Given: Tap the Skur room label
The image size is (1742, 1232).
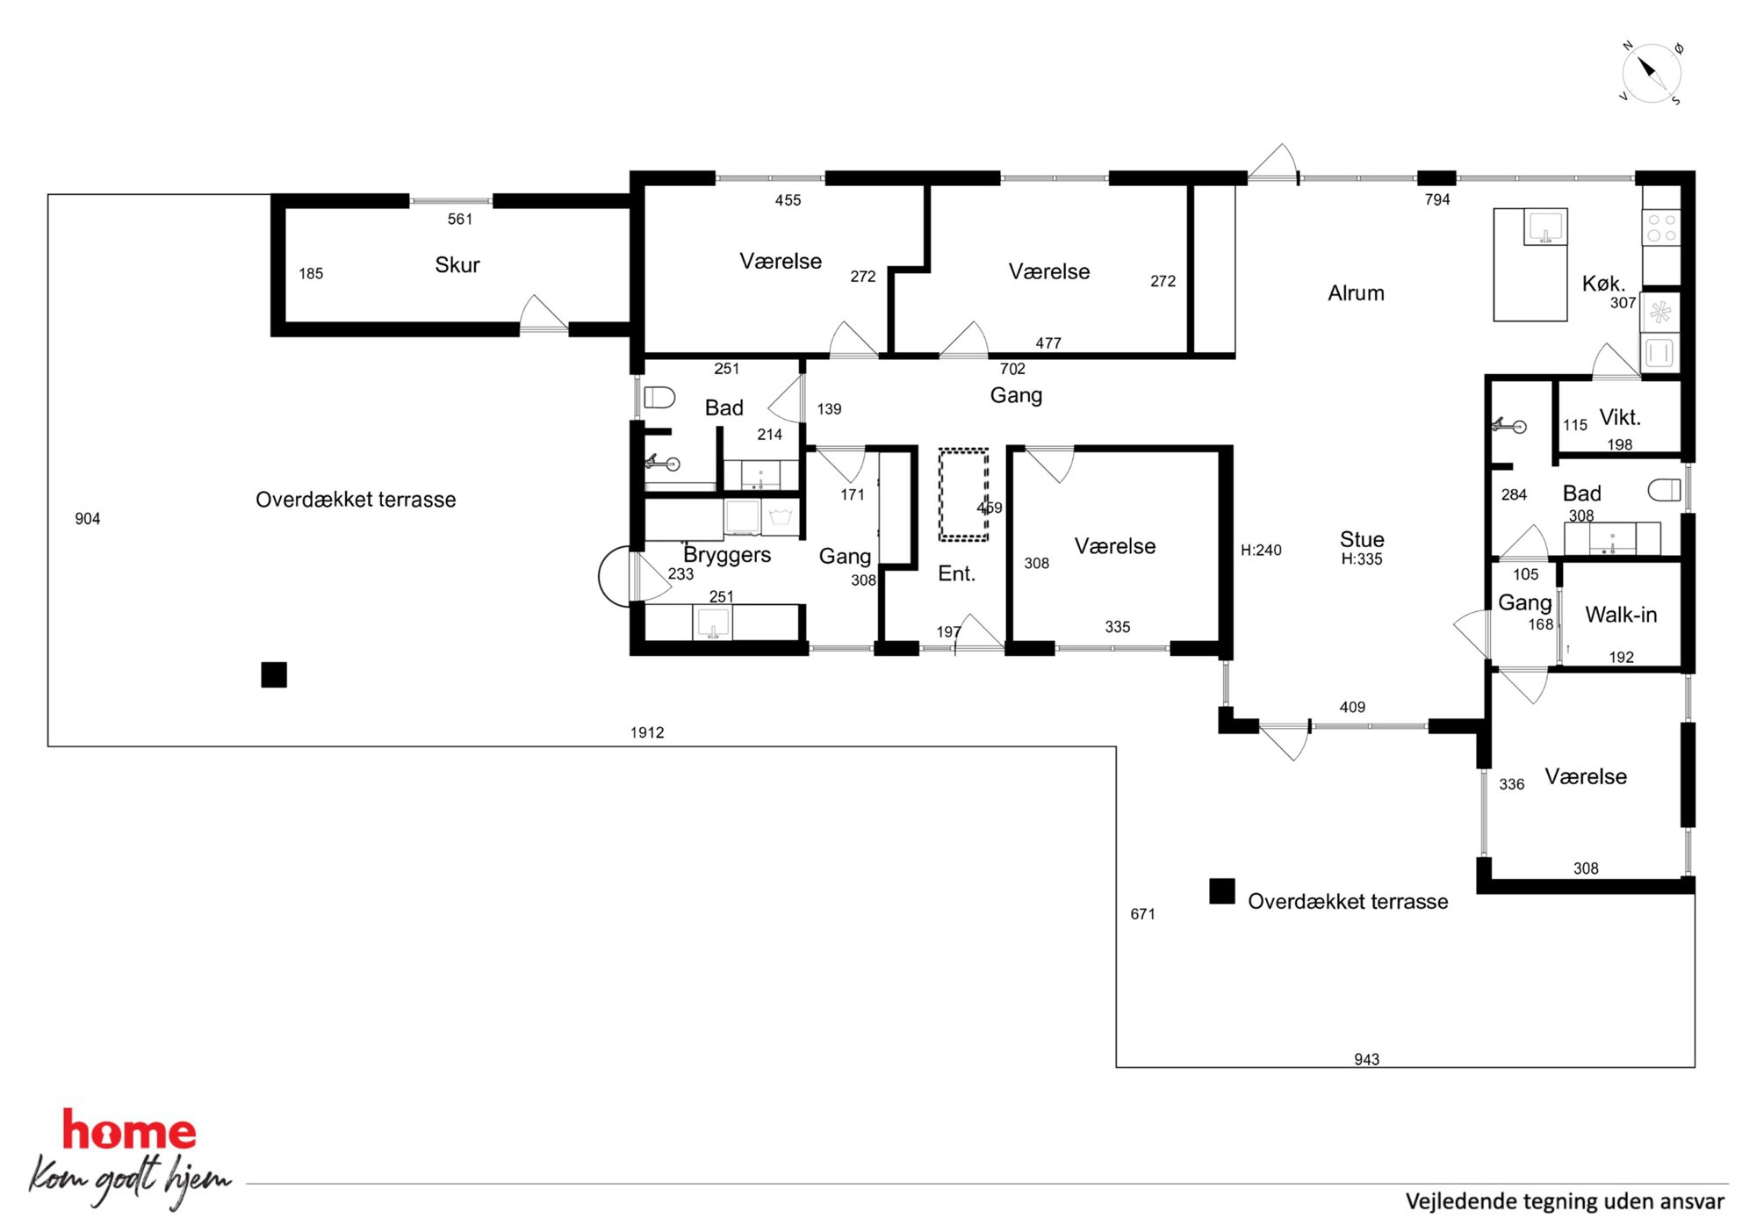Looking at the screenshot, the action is [x=457, y=264].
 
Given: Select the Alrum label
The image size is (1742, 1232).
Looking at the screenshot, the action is [x=1356, y=292].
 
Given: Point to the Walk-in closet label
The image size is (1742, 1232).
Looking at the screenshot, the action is [x=1621, y=615].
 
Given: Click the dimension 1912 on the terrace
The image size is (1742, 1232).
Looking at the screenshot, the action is [x=647, y=732].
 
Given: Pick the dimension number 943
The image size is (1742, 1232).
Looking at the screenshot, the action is [x=1366, y=1059].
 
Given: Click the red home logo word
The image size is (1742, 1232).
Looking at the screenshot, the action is [x=129, y=1130].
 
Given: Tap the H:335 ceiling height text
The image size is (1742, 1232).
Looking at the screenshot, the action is [x=1362, y=559].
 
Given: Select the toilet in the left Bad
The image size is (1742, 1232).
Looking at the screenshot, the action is [x=659, y=398].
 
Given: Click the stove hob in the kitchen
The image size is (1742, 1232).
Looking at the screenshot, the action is [x=1661, y=228].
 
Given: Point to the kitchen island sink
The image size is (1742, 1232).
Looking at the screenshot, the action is [x=1545, y=227].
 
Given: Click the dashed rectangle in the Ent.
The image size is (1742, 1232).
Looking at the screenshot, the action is [x=963, y=494].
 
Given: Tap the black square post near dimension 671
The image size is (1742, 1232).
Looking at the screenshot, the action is [x=1222, y=890].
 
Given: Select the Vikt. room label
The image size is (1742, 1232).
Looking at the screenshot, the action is [x=1620, y=417].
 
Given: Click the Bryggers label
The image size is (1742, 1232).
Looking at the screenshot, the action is [x=727, y=555].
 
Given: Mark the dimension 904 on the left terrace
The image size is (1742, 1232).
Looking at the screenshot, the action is [x=88, y=519].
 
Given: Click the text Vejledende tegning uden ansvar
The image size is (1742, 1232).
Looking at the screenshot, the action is [x=1565, y=1201].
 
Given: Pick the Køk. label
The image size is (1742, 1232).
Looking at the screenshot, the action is [x=1603, y=283].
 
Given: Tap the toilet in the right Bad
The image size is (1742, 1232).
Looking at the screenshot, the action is [x=1664, y=490].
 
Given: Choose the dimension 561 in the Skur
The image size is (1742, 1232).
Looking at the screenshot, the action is [x=460, y=220].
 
